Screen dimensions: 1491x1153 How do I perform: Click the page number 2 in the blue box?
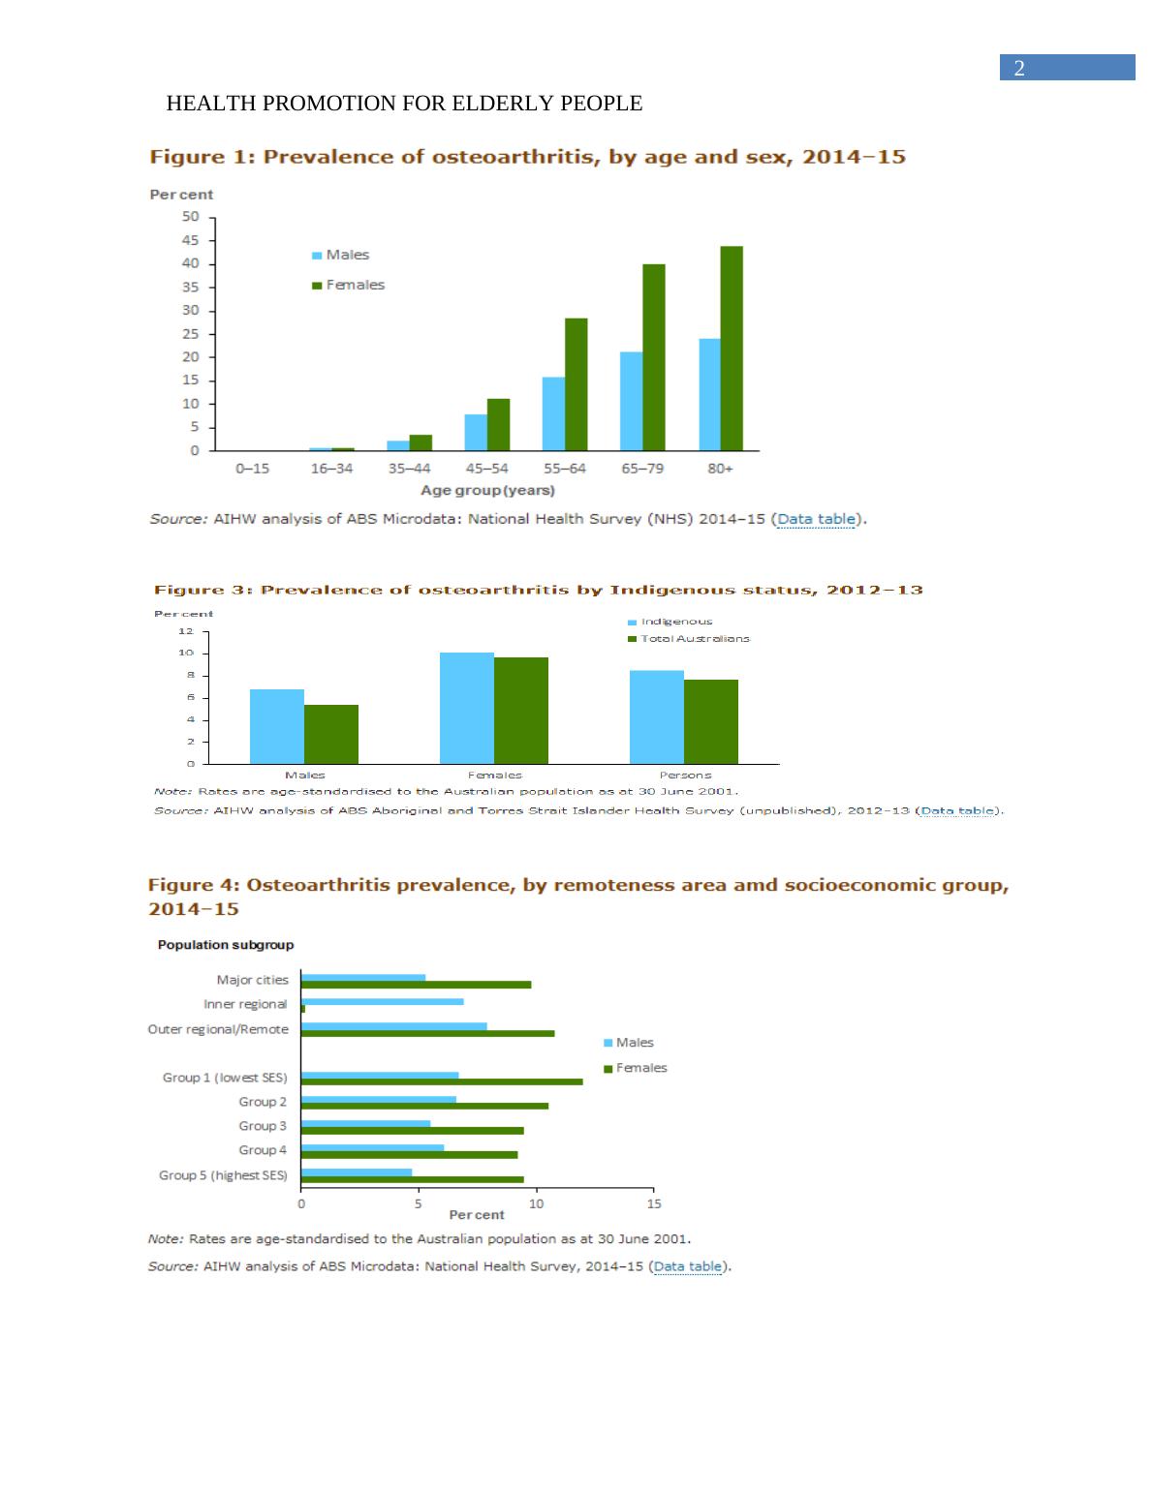tap(1018, 68)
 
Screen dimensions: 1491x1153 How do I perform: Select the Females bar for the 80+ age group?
tap(732, 349)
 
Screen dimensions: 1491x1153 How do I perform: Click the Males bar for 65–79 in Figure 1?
tap(631, 401)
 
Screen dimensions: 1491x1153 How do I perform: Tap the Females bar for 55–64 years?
tap(576, 384)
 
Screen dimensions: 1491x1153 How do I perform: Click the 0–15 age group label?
tap(252, 469)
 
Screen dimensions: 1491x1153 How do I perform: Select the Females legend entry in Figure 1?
tap(348, 285)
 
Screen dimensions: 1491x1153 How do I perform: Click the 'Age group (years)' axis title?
tap(487, 491)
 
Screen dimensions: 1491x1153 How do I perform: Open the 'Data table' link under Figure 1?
tap(816, 519)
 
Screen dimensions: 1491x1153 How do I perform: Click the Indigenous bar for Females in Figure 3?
tap(467, 708)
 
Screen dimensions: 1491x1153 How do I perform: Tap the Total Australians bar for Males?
tap(331, 734)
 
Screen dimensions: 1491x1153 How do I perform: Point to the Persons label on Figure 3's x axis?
tap(685, 775)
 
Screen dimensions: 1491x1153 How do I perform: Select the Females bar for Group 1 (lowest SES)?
tap(442, 1081)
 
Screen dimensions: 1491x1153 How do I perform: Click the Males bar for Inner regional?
tap(383, 1001)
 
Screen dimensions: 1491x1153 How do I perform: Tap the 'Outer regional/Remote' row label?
tap(218, 1029)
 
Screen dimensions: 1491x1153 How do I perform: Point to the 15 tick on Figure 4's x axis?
tap(654, 1203)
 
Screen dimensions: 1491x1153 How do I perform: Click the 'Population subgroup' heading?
tap(226, 945)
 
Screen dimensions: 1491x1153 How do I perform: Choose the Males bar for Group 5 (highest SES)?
tap(357, 1171)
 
